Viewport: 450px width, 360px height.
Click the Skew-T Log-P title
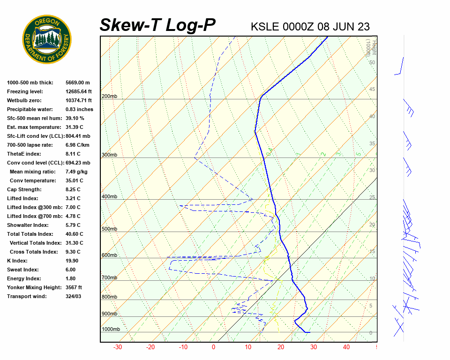157,25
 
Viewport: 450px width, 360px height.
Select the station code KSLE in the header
265,26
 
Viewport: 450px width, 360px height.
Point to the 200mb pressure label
109,97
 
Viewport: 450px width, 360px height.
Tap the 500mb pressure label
109,229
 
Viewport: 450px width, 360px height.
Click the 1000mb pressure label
111,330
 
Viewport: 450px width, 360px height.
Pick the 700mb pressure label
109,278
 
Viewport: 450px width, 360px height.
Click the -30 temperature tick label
118,347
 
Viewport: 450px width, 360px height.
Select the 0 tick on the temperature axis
214,347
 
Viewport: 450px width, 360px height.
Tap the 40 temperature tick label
346,347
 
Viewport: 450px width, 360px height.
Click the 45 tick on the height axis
372,90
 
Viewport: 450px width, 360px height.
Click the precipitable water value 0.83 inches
79,109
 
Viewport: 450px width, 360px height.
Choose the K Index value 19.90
72,261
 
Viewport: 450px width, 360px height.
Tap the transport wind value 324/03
73,296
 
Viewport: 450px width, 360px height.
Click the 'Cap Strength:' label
24,189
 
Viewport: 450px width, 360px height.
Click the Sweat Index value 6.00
71,270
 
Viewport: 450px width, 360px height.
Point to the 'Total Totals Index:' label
29,234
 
